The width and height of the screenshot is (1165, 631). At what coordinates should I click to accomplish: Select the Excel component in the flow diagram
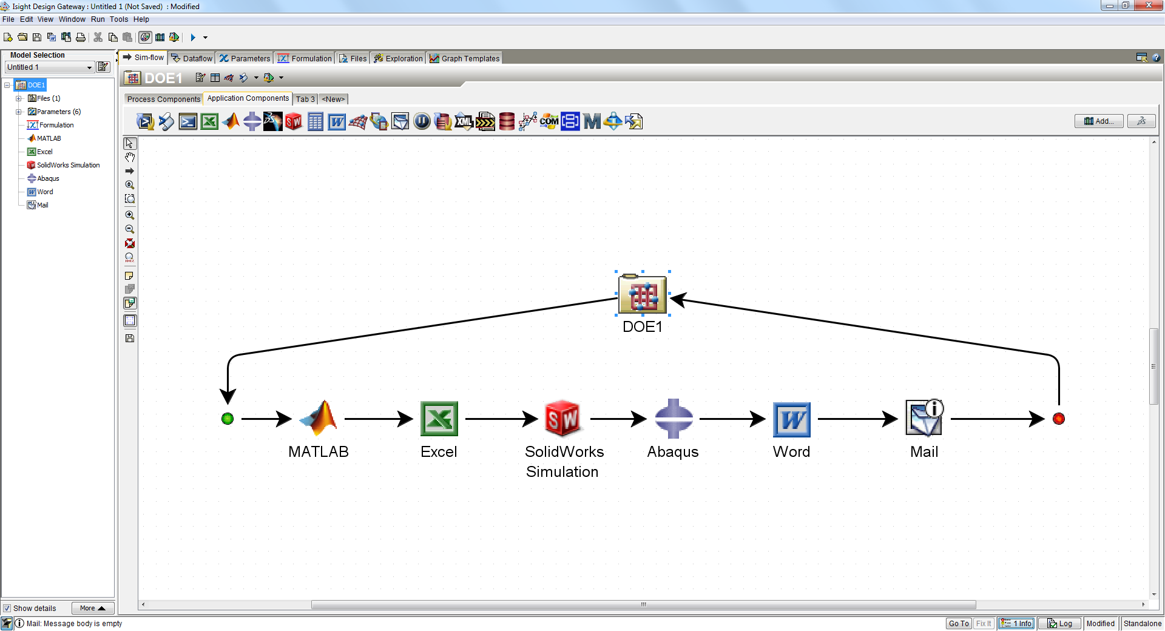439,419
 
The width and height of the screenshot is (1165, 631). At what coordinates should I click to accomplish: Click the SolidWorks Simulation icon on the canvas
562,418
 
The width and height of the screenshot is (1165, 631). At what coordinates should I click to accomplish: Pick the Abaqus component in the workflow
674,419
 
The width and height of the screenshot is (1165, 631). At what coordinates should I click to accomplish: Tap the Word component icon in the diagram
791,419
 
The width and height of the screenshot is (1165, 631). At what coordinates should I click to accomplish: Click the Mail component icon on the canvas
924,418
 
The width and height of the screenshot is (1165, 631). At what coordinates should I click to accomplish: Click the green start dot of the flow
228,419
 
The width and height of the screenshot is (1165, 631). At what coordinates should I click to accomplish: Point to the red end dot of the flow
1059,419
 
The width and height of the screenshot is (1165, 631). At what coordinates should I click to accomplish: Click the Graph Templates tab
464,58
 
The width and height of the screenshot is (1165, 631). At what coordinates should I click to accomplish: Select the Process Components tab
163,99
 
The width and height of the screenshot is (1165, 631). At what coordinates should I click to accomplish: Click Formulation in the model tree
56,125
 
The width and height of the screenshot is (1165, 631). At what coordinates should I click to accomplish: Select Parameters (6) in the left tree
58,112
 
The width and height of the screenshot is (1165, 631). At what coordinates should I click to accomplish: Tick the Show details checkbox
7,609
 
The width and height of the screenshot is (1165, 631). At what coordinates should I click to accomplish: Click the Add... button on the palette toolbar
1098,121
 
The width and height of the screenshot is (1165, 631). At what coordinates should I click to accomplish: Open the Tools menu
119,19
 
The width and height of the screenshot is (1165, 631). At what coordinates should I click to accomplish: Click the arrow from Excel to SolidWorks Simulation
501,419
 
